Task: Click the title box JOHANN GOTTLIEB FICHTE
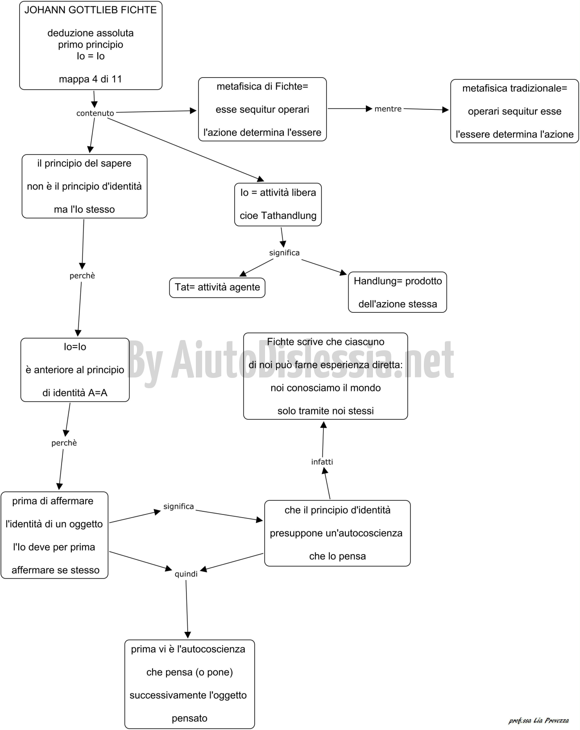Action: point(91,46)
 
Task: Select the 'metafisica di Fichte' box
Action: point(262,109)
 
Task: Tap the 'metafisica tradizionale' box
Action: point(514,111)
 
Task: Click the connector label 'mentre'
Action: point(388,109)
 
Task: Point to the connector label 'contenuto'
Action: point(95,113)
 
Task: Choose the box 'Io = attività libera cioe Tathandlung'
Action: point(278,204)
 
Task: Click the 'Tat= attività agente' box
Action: point(217,288)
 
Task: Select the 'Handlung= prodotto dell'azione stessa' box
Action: point(398,292)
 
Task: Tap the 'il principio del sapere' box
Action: point(84,186)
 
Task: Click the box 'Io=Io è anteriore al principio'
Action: point(75,370)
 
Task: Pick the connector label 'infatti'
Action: point(322,462)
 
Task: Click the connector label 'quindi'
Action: point(186,574)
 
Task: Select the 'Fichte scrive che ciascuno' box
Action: point(326,376)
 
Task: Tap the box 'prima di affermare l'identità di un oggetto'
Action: point(54,535)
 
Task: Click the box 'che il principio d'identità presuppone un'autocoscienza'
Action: point(337,533)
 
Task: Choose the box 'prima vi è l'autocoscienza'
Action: point(190,684)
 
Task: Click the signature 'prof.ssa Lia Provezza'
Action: point(539,721)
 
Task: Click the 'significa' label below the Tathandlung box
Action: point(284,253)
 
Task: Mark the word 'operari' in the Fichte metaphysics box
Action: point(294,110)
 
